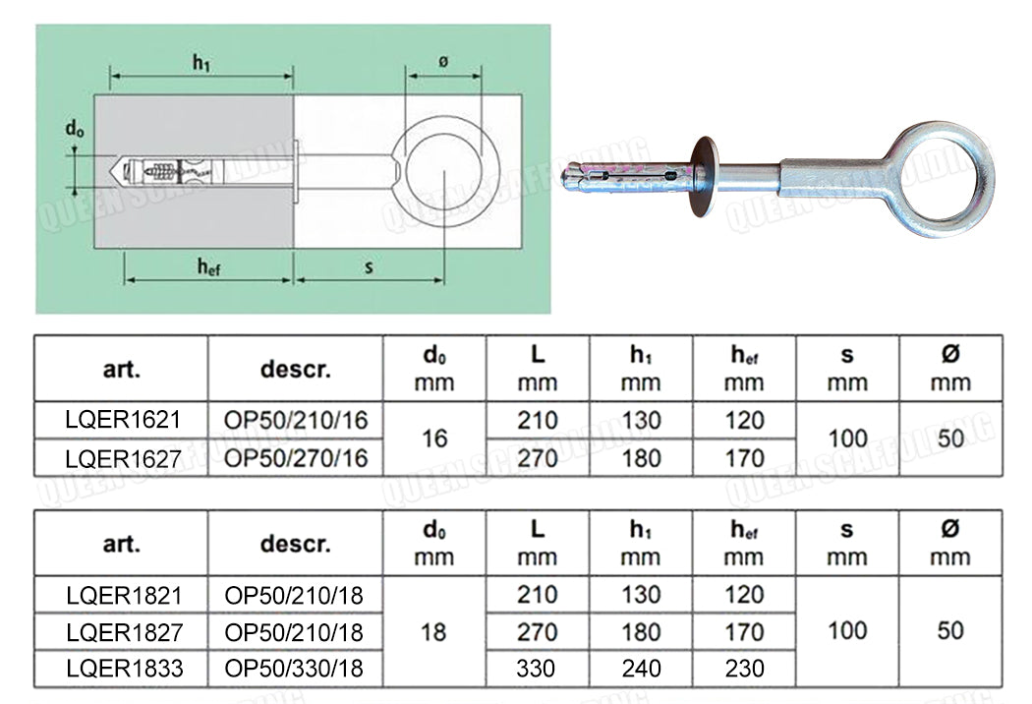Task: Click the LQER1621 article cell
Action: [123, 421]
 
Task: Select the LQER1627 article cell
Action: [123, 457]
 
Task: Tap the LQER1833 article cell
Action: [123, 669]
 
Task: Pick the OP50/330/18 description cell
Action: [294, 669]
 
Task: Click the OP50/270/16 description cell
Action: [296, 457]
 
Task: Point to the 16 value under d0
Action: [433, 439]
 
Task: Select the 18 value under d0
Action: [433, 631]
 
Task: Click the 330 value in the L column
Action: [537, 669]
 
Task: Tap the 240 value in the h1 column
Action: [641, 669]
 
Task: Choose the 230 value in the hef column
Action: [744, 669]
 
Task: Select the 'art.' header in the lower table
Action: [122, 543]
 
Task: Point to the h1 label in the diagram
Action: [201, 64]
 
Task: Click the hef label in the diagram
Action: [206, 265]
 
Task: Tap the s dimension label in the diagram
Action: [369, 265]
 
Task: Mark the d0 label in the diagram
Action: [74, 128]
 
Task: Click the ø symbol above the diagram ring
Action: [444, 61]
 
